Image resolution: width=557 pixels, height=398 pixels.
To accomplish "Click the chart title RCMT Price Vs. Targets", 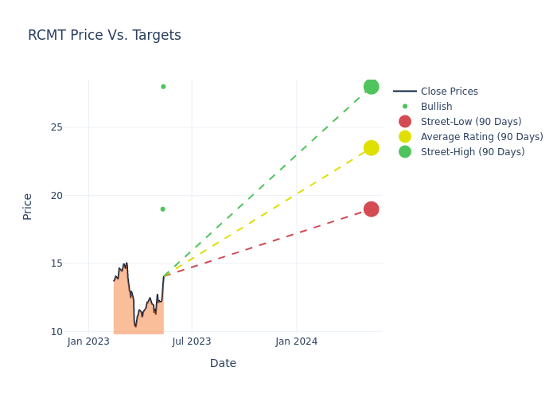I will (x=104, y=35).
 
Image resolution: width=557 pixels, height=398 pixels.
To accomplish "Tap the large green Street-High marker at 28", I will (x=371, y=87).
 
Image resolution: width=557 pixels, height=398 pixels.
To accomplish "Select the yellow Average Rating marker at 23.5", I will (x=371, y=148).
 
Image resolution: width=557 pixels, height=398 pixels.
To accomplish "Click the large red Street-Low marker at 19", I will (x=371, y=209).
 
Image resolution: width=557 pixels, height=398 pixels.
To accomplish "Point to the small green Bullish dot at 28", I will (x=163, y=87).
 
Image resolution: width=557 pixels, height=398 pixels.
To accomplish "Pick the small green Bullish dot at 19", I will (x=162, y=209).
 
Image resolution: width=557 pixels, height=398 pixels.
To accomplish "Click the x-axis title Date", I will (x=223, y=364).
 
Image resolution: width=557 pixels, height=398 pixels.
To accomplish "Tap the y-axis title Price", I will (x=28, y=206).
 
